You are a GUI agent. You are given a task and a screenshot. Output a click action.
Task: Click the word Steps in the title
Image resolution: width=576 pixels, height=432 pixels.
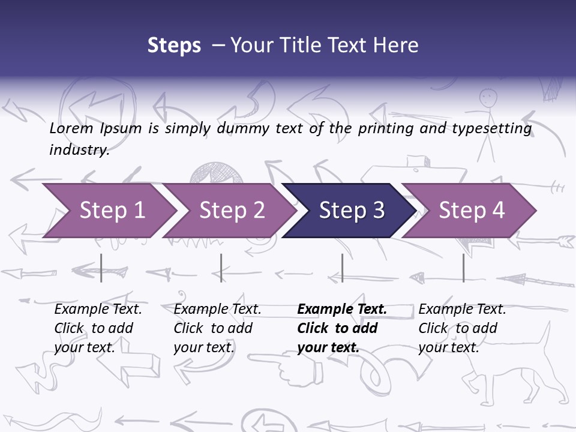[174, 46]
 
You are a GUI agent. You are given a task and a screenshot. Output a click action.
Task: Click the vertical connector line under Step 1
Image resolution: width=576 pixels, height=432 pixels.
[101, 268]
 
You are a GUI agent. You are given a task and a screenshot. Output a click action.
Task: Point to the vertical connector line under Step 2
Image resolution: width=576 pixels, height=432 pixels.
[221, 268]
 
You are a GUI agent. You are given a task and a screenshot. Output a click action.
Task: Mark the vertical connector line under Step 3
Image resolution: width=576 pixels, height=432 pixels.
[342, 268]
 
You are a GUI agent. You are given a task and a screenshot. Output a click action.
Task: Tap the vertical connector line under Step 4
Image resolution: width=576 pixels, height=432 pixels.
[463, 268]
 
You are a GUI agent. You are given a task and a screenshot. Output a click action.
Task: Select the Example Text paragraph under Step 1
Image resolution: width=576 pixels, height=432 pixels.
[98, 328]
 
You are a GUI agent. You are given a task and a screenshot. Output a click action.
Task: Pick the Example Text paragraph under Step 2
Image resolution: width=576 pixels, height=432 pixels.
[217, 328]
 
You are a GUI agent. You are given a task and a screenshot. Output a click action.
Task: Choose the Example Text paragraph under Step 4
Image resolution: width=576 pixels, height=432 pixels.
[462, 328]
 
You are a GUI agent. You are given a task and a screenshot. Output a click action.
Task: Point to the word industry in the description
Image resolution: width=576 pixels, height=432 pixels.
[79, 150]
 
